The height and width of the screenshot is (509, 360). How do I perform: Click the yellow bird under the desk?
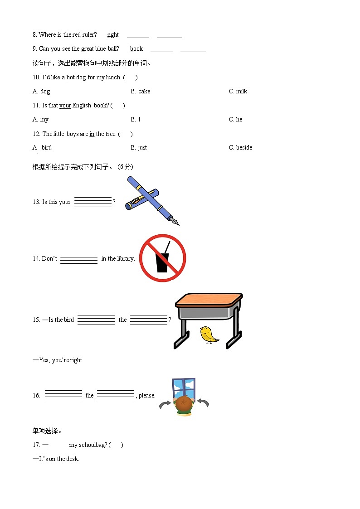click(209, 335)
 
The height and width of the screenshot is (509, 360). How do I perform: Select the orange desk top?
click(209, 299)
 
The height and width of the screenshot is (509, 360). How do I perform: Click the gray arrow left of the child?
click(165, 404)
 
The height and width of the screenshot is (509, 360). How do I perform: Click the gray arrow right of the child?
click(203, 402)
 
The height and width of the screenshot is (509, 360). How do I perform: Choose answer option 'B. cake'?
click(141, 92)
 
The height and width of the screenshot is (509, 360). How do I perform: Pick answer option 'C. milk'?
click(238, 92)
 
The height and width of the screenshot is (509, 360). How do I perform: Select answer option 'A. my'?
click(40, 120)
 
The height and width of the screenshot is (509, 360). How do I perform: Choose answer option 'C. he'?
click(236, 120)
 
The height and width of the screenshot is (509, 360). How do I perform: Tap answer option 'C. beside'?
click(241, 148)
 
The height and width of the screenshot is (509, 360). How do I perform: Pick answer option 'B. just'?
click(139, 148)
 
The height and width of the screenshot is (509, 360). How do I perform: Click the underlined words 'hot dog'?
click(76, 77)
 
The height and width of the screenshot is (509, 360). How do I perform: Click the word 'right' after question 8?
click(113, 35)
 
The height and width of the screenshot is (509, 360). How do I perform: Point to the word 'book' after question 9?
click(136, 48)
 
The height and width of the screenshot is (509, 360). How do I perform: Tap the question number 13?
click(36, 202)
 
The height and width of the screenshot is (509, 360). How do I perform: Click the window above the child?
click(184, 388)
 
